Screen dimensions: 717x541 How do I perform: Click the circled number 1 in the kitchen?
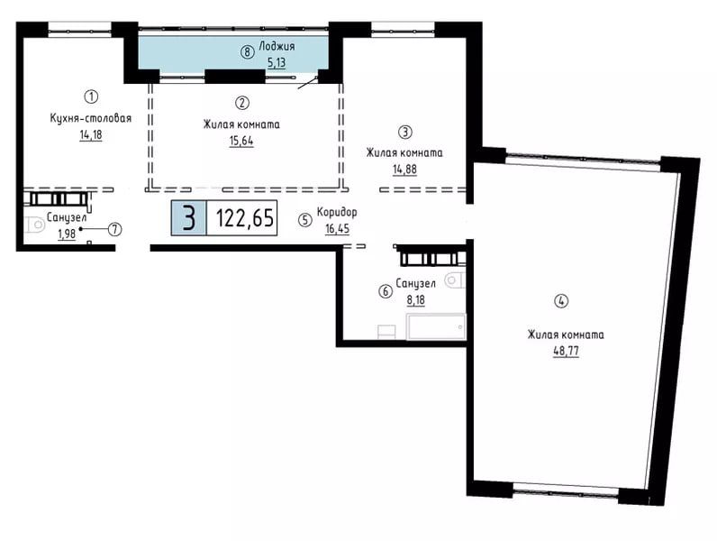[92, 96]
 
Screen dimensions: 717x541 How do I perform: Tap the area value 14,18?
[91, 135]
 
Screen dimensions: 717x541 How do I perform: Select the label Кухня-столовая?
[91, 118]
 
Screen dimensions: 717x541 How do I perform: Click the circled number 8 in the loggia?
[247, 52]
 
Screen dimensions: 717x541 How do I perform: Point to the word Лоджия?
[277, 46]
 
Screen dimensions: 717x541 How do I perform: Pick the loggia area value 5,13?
[277, 63]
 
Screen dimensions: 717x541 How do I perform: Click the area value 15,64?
[241, 141]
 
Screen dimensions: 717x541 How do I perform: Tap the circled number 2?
[242, 103]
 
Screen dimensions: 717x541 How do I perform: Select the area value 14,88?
[404, 170]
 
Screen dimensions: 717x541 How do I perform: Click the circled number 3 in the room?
[405, 133]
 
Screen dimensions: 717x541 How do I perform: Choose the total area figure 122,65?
[245, 218]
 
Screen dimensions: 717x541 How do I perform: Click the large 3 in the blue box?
[188, 218]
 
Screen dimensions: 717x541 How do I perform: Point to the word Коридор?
[337, 212]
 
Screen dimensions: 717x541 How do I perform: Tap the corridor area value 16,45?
[337, 228]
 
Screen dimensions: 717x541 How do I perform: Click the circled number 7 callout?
[114, 229]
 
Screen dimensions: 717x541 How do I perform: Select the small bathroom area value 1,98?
[67, 234]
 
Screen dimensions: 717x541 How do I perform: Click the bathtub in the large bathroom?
[436, 326]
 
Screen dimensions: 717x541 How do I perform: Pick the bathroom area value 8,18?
[415, 300]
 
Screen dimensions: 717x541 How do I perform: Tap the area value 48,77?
[566, 351]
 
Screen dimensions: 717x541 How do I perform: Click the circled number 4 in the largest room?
[561, 301]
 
